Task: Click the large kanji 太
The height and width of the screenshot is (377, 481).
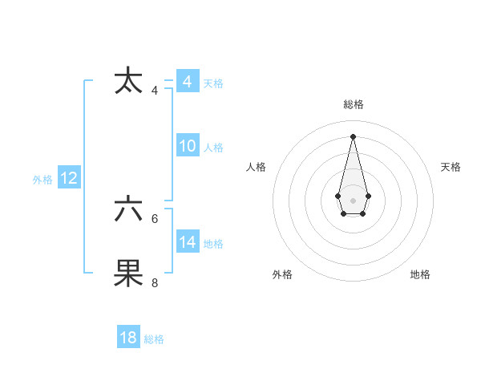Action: tap(129, 82)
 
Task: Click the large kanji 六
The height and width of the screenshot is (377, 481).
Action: tap(129, 209)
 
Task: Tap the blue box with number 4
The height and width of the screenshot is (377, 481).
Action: tap(187, 82)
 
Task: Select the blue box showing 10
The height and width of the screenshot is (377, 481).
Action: tap(187, 146)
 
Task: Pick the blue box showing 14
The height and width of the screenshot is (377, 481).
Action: tap(187, 242)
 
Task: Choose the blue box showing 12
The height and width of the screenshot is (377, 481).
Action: tap(69, 178)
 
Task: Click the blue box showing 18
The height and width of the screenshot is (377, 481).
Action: tap(128, 338)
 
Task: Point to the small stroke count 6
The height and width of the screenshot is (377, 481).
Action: tap(155, 218)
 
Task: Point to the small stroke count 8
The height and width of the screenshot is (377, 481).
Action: tap(155, 282)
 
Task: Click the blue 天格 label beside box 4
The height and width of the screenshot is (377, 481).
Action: tap(213, 83)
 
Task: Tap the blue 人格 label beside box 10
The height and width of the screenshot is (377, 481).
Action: tap(213, 148)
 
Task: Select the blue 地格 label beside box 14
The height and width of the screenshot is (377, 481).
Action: tap(213, 244)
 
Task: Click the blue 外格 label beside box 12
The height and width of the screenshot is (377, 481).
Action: tap(42, 180)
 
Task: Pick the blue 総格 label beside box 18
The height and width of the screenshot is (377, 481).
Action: tap(154, 339)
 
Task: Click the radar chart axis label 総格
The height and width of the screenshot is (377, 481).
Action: tap(353, 104)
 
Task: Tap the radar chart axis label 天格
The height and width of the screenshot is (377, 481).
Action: tap(451, 167)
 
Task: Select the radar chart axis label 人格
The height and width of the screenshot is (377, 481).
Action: tap(256, 167)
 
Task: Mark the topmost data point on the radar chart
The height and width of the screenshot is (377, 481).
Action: tap(353, 136)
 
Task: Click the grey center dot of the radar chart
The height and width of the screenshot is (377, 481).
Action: tap(353, 200)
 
